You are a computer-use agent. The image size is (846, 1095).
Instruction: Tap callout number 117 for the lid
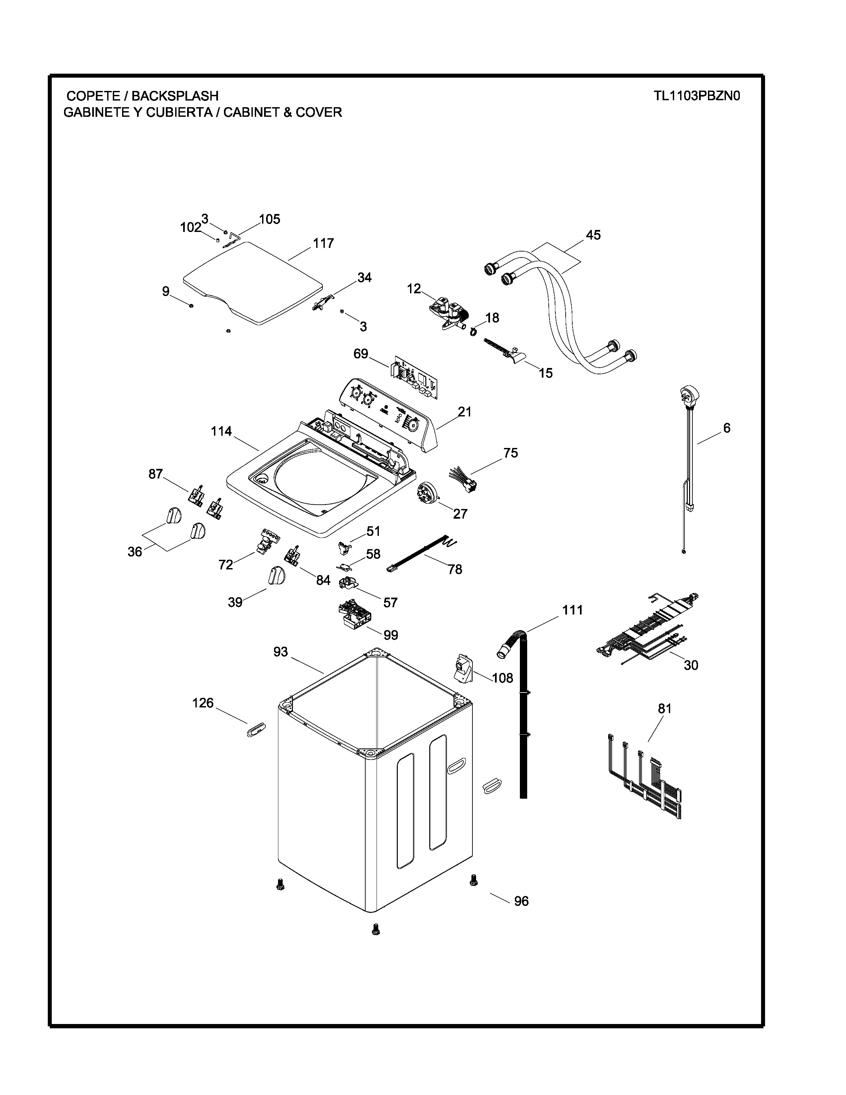(x=323, y=243)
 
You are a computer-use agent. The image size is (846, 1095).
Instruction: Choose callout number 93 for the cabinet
(x=281, y=651)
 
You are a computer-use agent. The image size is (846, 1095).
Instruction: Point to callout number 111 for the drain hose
(x=572, y=610)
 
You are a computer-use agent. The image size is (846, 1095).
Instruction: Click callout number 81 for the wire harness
(x=664, y=708)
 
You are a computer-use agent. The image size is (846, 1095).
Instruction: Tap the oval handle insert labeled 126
(x=255, y=731)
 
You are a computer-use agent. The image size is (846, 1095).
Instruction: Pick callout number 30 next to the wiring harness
(x=691, y=665)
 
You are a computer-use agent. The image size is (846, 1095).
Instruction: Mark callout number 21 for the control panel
(x=464, y=412)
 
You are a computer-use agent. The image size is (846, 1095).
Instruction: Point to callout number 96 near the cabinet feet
(x=521, y=901)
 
